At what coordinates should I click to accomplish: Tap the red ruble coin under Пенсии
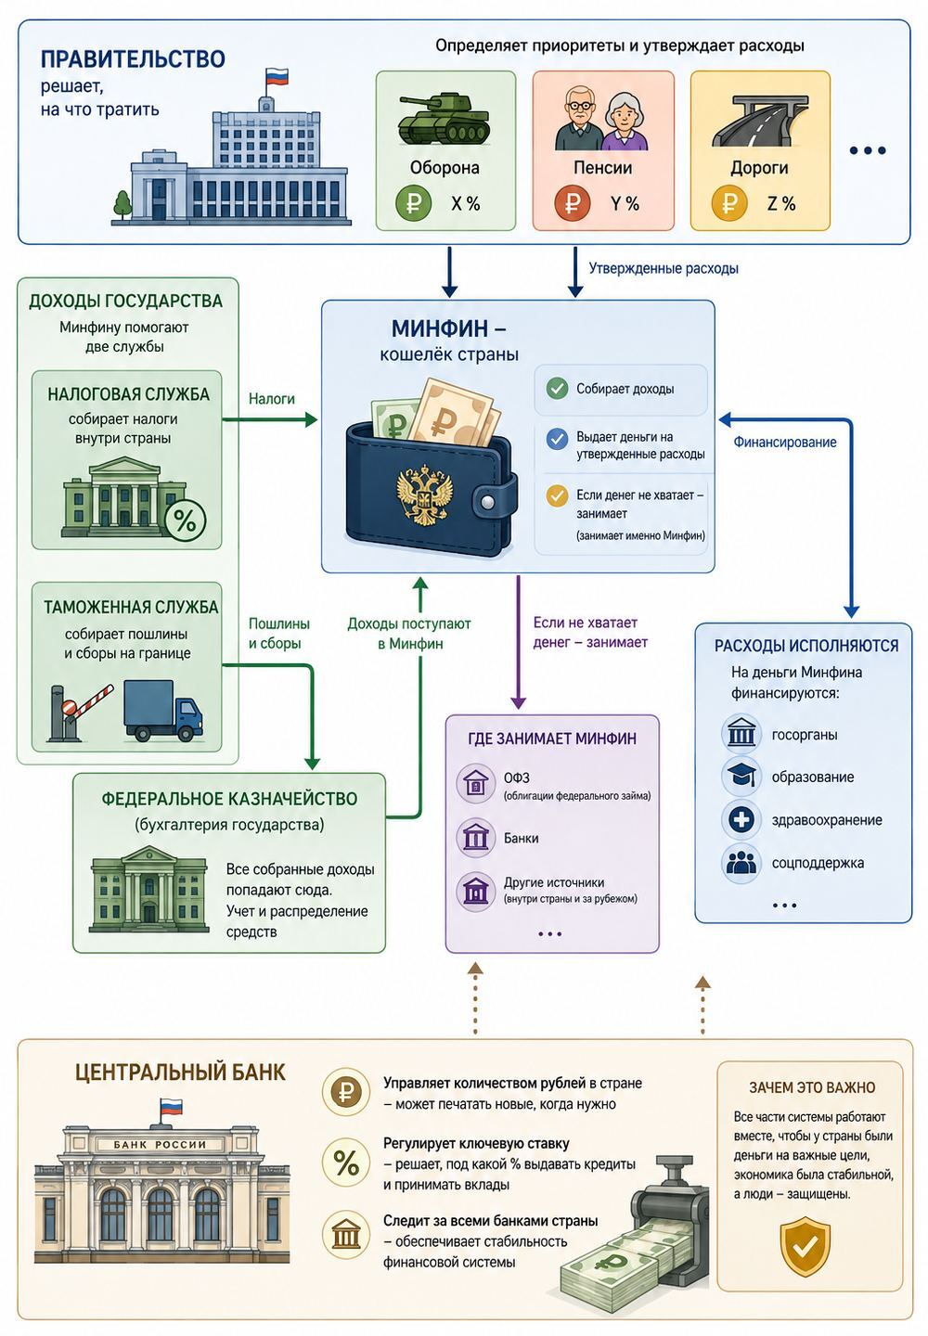[572, 203]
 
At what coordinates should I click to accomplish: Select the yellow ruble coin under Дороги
[728, 203]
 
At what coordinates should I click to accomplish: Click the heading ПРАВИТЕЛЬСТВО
[133, 59]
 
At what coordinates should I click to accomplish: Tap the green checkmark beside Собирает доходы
[557, 389]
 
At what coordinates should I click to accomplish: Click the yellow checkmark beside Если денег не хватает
[557, 495]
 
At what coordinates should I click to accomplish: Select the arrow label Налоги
[271, 398]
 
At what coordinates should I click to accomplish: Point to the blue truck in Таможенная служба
[162, 710]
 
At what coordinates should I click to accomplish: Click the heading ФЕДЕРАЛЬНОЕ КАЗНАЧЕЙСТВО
[229, 799]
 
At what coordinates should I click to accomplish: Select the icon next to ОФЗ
[475, 784]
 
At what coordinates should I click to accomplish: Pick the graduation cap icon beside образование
[741, 777]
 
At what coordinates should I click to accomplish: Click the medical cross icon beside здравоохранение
[741, 819]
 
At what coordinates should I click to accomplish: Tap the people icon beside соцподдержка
[741, 863]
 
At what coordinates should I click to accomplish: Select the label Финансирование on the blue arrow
[784, 442]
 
